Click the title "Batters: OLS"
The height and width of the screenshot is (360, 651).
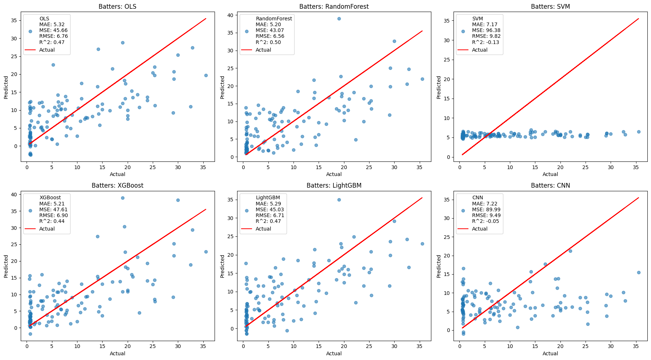117,7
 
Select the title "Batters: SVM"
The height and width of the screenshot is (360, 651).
550,7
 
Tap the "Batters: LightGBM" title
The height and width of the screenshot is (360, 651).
334,185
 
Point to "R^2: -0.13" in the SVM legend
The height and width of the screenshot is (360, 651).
486,42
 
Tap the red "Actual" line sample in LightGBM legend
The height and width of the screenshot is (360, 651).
247,229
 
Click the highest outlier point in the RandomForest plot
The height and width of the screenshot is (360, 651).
339,19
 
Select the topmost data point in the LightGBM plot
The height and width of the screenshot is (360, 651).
339,200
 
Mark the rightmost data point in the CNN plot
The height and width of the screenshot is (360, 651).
639,272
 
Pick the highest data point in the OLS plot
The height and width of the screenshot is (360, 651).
123,43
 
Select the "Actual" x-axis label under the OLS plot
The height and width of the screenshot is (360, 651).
117,174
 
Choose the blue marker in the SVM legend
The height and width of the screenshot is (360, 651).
463,31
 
